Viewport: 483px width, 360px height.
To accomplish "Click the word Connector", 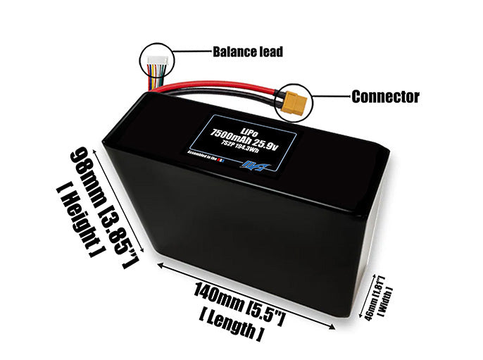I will (x=385, y=97).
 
